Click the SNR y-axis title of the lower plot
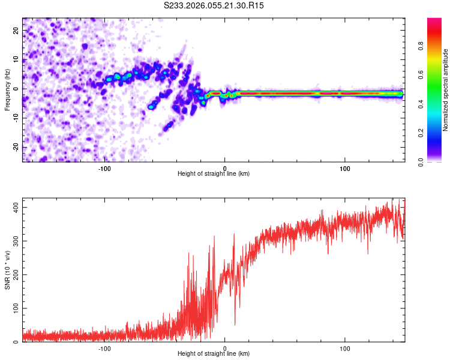[x=7, y=271]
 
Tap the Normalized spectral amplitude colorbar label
[x=446, y=90]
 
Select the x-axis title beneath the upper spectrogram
[x=214, y=173]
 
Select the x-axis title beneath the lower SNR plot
[x=214, y=353]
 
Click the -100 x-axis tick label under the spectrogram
[x=104, y=168]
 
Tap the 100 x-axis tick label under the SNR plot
[x=345, y=348]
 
